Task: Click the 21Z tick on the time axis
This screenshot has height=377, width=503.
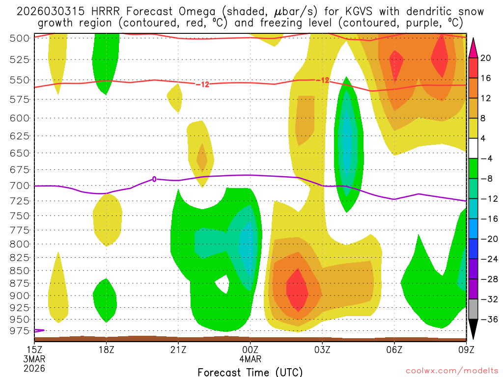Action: (178, 349)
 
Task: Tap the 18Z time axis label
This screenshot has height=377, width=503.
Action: (107, 349)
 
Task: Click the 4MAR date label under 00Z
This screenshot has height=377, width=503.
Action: (251, 358)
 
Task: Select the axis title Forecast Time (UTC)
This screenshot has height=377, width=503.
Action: (250, 372)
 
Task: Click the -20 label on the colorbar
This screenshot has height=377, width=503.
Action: (486, 239)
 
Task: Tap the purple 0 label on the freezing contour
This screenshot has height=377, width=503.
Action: (154, 179)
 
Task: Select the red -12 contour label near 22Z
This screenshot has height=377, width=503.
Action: (202, 84)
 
